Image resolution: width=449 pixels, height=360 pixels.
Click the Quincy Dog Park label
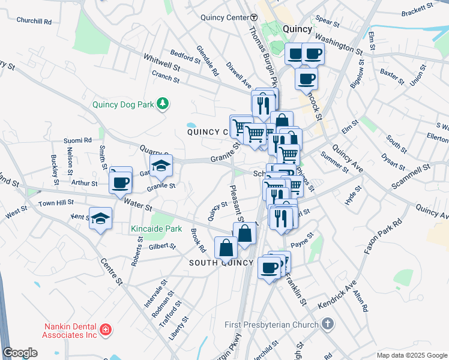coord(122,104)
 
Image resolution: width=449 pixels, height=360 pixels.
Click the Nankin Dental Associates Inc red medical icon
coord(106,329)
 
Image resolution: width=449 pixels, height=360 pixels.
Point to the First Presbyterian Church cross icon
coord(327,325)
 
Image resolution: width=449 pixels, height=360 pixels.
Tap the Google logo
coord(20,353)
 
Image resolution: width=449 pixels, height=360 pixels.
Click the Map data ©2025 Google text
coord(412,355)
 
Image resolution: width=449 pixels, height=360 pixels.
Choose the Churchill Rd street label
coord(34,20)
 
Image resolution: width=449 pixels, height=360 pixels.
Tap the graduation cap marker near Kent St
coord(101,219)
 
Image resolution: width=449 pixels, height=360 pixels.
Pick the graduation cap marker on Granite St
coord(161,167)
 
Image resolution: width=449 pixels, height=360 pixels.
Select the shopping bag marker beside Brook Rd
coord(226,247)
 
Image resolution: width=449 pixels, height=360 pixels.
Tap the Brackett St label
coord(417,9)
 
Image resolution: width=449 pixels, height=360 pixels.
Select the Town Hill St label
coord(55,203)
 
